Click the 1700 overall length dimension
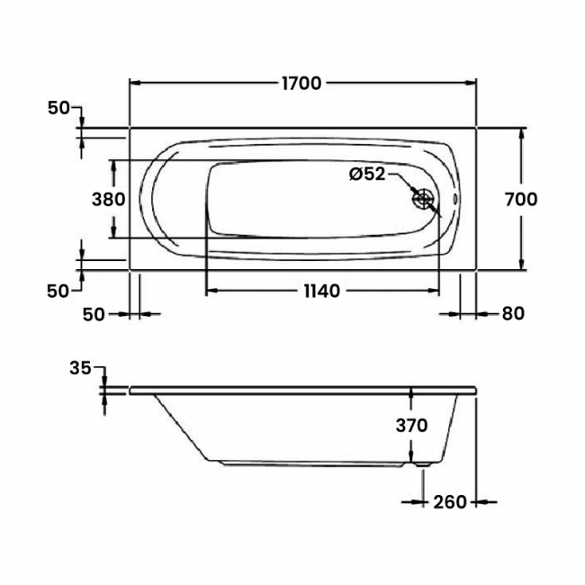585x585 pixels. click(301, 83)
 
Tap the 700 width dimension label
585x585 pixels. click(521, 199)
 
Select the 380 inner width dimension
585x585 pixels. click(109, 199)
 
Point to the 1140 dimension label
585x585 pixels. click(321, 291)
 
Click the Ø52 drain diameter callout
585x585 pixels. click(367, 174)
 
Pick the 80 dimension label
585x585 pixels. click(513, 314)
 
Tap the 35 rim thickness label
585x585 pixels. click(80, 369)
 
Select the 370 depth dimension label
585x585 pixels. click(411, 426)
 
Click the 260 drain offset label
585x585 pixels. click(450, 502)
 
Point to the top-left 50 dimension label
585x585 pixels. click(58, 108)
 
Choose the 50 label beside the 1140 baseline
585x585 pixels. click(94, 314)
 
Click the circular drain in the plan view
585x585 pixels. click(423, 199)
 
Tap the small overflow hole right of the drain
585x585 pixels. click(455, 199)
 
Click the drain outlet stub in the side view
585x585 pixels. click(422, 465)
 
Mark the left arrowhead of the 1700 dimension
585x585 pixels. click(135, 83)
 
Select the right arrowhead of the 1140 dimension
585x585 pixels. click(433, 291)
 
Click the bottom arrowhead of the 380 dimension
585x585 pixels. click(113, 231)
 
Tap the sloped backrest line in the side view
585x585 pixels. click(181, 427)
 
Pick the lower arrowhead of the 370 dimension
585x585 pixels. click(411, 456)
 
